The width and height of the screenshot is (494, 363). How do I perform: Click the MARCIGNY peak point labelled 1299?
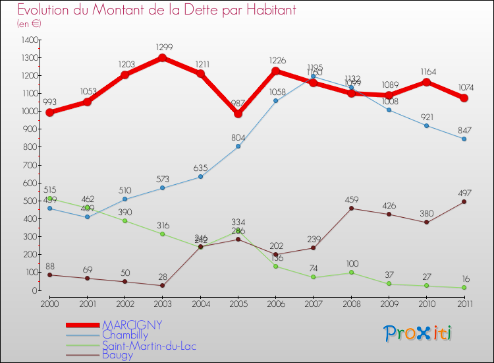[162, 58]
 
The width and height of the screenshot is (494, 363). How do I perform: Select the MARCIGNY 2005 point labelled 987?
[238, 114]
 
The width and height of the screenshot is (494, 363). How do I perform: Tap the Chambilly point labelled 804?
[238, 147]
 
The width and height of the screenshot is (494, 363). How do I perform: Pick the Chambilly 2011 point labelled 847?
[464, 139]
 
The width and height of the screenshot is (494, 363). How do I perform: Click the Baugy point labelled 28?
[162, 285]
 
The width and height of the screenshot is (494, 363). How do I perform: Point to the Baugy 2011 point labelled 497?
[464, 201]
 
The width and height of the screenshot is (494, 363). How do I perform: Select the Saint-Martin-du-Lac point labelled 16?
[464, 287]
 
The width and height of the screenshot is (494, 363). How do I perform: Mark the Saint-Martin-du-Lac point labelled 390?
[124, 220]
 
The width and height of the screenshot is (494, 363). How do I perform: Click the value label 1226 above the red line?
[276, 61]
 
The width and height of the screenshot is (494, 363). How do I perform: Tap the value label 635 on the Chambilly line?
[200, 168]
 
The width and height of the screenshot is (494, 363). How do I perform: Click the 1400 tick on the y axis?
[30, 40]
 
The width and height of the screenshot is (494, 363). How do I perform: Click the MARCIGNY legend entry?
[132, 325]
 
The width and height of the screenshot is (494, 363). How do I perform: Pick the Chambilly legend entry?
[126, 335]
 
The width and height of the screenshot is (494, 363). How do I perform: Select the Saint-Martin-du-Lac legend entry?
[149, 345]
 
